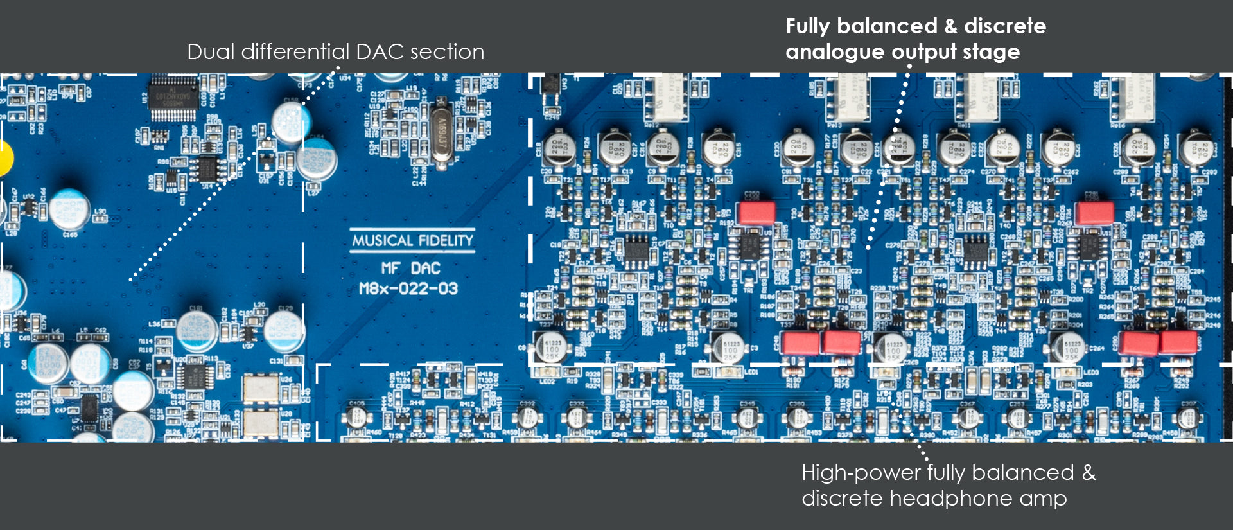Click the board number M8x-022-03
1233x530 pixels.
click(408, 288)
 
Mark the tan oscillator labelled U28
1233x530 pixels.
click(260, 422)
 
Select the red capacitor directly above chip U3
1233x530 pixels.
click(756, 213)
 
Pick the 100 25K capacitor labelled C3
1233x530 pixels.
click(729, 348)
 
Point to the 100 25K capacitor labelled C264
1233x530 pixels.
click(1069, 348)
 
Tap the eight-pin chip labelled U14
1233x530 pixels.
click(207, 168)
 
